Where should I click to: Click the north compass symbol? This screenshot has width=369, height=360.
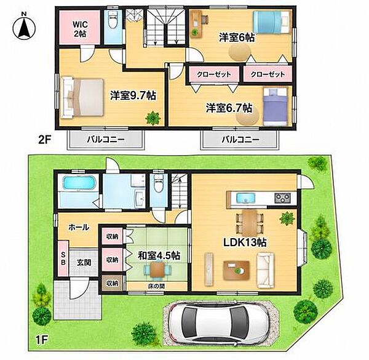click(24, 27)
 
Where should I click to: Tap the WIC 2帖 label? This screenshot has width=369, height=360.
click(80, 29)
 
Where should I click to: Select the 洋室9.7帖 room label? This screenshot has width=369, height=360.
click(133, 95)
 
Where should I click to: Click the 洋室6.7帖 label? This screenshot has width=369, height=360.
click(229, 108)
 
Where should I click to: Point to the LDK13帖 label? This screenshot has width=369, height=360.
click(245, 242)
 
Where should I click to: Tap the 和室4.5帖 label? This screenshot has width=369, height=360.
click(159, 255)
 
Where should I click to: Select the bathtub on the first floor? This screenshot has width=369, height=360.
click(79, 183)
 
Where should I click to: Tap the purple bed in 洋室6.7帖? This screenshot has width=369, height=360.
click(275, 107)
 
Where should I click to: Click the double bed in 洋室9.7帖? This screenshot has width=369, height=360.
click(82, 97)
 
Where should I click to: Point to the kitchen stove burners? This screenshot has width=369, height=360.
click(282, 198)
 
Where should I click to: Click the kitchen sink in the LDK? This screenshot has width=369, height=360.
click(245, 198)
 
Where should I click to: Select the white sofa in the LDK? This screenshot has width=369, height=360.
click(266, 270)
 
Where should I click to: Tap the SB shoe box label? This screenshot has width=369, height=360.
click(63, 258)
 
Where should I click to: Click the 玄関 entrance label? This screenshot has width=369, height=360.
click(84, 262)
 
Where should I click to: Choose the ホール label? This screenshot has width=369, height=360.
click(79, 227)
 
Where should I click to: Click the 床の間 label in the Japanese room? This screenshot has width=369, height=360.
click(156, 286)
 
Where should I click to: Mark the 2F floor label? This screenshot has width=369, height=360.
click(45, 140)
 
